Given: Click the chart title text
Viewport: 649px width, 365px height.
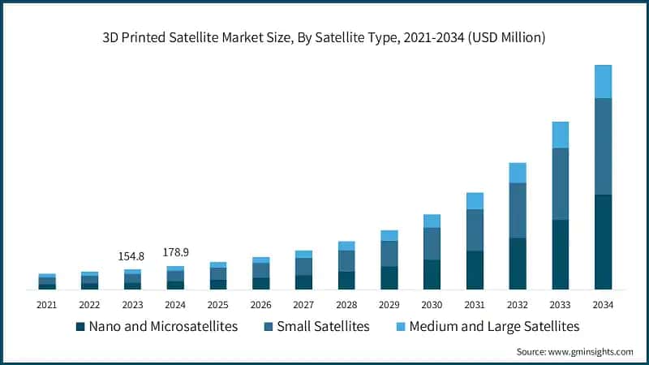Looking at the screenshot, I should [324, 37].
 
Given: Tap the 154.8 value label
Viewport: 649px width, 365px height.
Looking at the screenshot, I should [132, 256].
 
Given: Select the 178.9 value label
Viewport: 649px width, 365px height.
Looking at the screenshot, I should [175, 252].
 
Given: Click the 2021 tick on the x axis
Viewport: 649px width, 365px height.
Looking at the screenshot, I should [46, 305].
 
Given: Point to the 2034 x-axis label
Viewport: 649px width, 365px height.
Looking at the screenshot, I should [603, 305].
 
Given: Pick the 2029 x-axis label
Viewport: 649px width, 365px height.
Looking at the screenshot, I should [389, 305].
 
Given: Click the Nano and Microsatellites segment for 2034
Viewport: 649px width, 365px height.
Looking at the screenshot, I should [603, 242].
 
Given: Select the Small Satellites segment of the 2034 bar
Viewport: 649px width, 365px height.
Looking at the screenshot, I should [603, 146].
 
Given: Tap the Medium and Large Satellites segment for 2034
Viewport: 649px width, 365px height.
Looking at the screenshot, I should [603, 81].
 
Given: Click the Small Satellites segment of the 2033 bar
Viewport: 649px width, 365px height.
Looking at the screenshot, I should [561, 184].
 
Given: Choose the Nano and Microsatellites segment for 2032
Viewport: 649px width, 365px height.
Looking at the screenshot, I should [518, 264].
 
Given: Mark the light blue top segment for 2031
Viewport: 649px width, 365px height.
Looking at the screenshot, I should [475, 201].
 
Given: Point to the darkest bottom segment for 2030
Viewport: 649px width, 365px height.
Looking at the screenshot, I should [432, 275].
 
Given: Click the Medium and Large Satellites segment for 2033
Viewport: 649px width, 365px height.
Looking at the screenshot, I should [561, 135].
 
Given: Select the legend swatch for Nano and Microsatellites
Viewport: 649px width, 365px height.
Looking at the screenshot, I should [80, 327].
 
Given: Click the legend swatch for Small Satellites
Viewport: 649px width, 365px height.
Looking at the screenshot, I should [268, 327].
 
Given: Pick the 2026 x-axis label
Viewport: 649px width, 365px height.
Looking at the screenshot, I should [260, 305].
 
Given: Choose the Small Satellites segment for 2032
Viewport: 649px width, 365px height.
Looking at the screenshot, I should [518, 210].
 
